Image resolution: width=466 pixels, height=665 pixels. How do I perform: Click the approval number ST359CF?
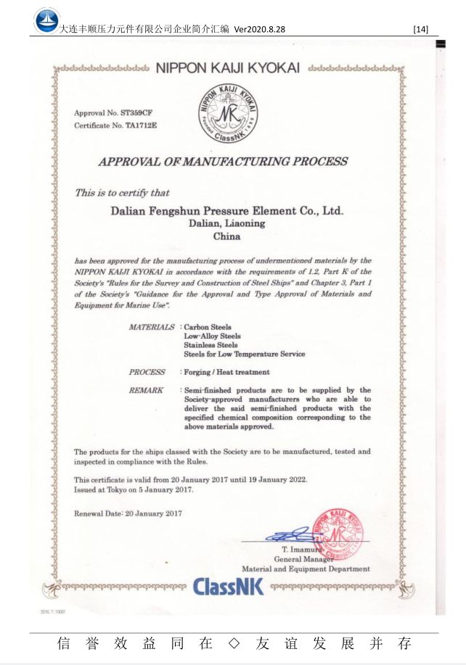135,113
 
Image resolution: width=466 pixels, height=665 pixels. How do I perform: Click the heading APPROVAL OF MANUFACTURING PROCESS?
223,161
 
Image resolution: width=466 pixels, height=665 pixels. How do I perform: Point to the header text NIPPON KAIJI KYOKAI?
227,68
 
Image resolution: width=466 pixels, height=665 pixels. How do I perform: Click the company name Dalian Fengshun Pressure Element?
226,211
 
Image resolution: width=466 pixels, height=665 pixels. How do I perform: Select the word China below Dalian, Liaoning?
226,236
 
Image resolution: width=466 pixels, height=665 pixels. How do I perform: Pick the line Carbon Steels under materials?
208,327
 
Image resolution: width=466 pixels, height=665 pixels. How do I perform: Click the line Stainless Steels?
210,345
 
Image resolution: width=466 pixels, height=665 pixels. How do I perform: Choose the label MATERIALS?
151,327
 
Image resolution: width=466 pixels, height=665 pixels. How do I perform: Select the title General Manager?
303,559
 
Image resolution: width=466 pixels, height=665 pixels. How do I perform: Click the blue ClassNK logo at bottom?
229,586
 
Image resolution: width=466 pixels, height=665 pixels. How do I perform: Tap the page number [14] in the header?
420,29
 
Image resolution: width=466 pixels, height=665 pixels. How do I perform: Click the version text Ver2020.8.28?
259,29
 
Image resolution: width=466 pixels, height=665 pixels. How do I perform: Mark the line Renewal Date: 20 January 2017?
128,513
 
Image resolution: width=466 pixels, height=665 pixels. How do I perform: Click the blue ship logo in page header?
47,20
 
